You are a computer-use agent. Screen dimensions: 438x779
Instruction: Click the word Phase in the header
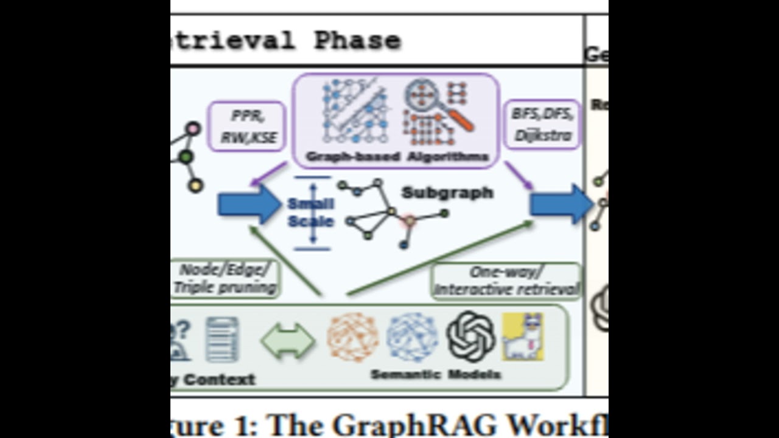tap(357, 41)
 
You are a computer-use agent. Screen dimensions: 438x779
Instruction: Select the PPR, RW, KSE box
tap(246, 127)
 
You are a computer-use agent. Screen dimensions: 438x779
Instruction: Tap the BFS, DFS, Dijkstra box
tap(542, 125)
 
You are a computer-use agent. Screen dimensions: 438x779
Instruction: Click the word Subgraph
tap(447, 193)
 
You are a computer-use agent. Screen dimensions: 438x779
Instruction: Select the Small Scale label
tap(310, 212)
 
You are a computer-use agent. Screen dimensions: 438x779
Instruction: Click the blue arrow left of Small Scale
tap(249, 204)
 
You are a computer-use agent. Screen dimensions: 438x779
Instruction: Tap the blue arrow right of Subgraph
tap(561, 204)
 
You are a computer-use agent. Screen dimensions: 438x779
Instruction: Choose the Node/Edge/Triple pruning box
tap(225, 279)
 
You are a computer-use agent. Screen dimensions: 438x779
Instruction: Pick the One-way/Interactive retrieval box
tap(506, 281)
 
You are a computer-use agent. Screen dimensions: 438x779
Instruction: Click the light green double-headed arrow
tap(288, 341)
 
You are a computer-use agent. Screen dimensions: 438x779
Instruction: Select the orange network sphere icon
tap(352, 337)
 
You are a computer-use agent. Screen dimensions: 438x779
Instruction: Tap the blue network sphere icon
tap(412, 337)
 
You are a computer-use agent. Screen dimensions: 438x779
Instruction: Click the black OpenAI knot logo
tap(470, 336)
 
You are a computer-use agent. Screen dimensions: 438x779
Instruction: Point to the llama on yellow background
tap(523, 336)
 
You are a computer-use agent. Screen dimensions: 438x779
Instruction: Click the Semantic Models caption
tap(436, 374)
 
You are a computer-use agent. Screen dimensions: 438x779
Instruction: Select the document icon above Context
tap(222, 339)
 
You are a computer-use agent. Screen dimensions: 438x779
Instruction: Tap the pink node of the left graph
tap(193, 129)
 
